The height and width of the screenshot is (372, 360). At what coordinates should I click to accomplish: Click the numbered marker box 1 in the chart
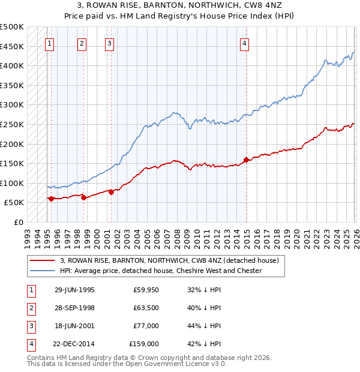point(49,43)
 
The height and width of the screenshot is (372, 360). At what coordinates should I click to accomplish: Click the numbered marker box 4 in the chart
point(245,43)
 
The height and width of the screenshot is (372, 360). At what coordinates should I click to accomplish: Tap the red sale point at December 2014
point(246,160)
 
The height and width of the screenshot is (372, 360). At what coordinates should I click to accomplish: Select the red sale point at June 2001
point(111,192)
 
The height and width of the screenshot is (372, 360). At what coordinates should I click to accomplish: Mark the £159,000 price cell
point(144,344)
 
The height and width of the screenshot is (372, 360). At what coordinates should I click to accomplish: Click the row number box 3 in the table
point(30,326)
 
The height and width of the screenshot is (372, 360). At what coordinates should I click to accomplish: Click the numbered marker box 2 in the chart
point(82,43)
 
